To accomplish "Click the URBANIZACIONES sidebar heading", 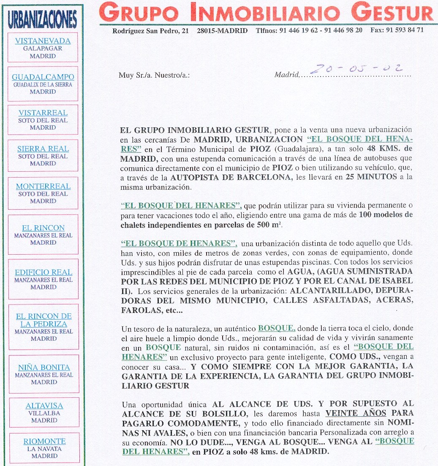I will [x=43, y=19].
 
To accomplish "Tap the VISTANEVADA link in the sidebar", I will [x=43, y=41].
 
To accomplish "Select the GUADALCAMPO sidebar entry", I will [x=43, y=77].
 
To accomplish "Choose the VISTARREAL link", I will [x=43, y=113].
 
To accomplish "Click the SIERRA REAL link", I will [x=43, y=149].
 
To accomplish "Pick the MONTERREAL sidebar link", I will [x=43, y=186].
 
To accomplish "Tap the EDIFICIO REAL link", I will [x=44, y=272].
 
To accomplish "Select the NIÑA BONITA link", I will [x=44, y=367].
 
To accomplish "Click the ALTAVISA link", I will [x=44, y=406].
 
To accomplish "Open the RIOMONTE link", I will [x=44, y=442].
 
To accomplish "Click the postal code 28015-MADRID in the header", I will [x=222, y=31].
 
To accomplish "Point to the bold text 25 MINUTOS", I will [x=371, y=177].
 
